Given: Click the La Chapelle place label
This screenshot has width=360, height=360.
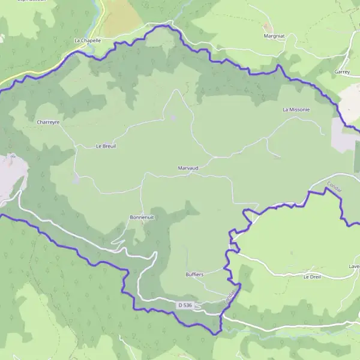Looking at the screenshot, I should [87, 40].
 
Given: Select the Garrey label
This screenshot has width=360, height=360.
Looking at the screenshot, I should [342, 71].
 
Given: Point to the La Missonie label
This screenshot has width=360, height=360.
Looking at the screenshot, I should [296, 110].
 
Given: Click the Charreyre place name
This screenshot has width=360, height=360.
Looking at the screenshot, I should [48, 122].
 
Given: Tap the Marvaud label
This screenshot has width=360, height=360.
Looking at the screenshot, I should [188, 168].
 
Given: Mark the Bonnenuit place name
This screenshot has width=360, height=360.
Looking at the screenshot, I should [142, 217].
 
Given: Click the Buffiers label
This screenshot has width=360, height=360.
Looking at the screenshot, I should [194, 274].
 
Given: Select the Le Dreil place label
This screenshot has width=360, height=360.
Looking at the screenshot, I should [313, 277].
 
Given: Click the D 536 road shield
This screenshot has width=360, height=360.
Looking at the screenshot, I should [185, 305].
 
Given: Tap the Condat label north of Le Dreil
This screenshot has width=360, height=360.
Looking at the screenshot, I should [334, 187].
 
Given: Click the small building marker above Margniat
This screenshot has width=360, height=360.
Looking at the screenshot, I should [266, 26].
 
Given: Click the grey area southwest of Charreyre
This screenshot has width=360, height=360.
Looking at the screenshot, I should [11, 174].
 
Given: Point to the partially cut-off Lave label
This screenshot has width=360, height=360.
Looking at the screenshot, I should [354, 266].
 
